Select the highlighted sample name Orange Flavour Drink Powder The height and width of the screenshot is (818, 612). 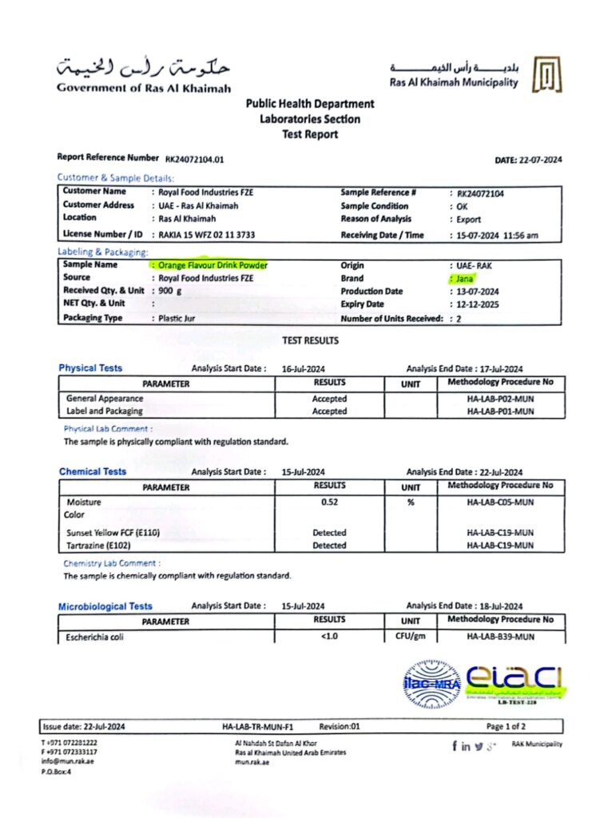coord(213,264)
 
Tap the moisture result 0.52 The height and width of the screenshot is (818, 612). coord(329,502)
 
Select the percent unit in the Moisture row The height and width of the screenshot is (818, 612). coord(411,502)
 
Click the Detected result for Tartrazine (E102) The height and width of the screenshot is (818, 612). coord(329,546)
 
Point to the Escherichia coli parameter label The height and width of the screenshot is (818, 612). coord(95,637)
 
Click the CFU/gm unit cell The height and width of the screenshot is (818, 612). coord(411,637)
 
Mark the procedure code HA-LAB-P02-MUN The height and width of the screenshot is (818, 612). coord(499,398)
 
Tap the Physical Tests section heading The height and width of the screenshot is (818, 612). coord(90,368)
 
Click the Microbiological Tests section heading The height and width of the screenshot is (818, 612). coord(105,606)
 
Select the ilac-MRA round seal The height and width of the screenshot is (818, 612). coord(431,683)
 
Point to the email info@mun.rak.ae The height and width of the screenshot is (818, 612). coord(69,761)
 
